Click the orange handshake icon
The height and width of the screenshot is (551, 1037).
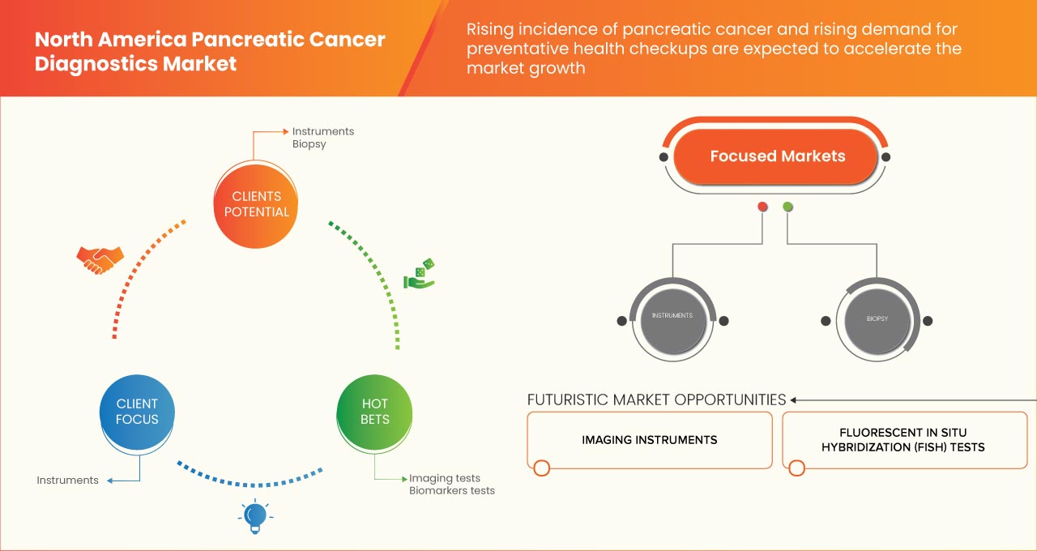100,259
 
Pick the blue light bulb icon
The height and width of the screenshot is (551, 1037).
255,516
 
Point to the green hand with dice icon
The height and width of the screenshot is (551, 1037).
419,275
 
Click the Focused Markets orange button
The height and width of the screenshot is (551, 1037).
777,156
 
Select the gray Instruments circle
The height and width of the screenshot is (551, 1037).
672,316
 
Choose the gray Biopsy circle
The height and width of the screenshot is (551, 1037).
877,319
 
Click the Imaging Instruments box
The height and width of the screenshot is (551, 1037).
649,440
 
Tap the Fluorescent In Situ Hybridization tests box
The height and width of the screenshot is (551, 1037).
903,440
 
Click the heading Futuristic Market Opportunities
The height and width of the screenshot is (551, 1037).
656,399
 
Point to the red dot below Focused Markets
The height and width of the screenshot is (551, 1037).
762,207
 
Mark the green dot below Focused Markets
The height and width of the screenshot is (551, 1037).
787,207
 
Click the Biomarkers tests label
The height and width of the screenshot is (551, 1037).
451,491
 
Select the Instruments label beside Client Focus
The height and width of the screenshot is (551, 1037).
67,481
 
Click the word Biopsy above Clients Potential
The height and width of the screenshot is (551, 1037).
309,144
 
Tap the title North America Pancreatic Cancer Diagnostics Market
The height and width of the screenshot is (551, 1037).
210,52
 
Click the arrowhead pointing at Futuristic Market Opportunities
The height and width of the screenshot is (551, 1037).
794,399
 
